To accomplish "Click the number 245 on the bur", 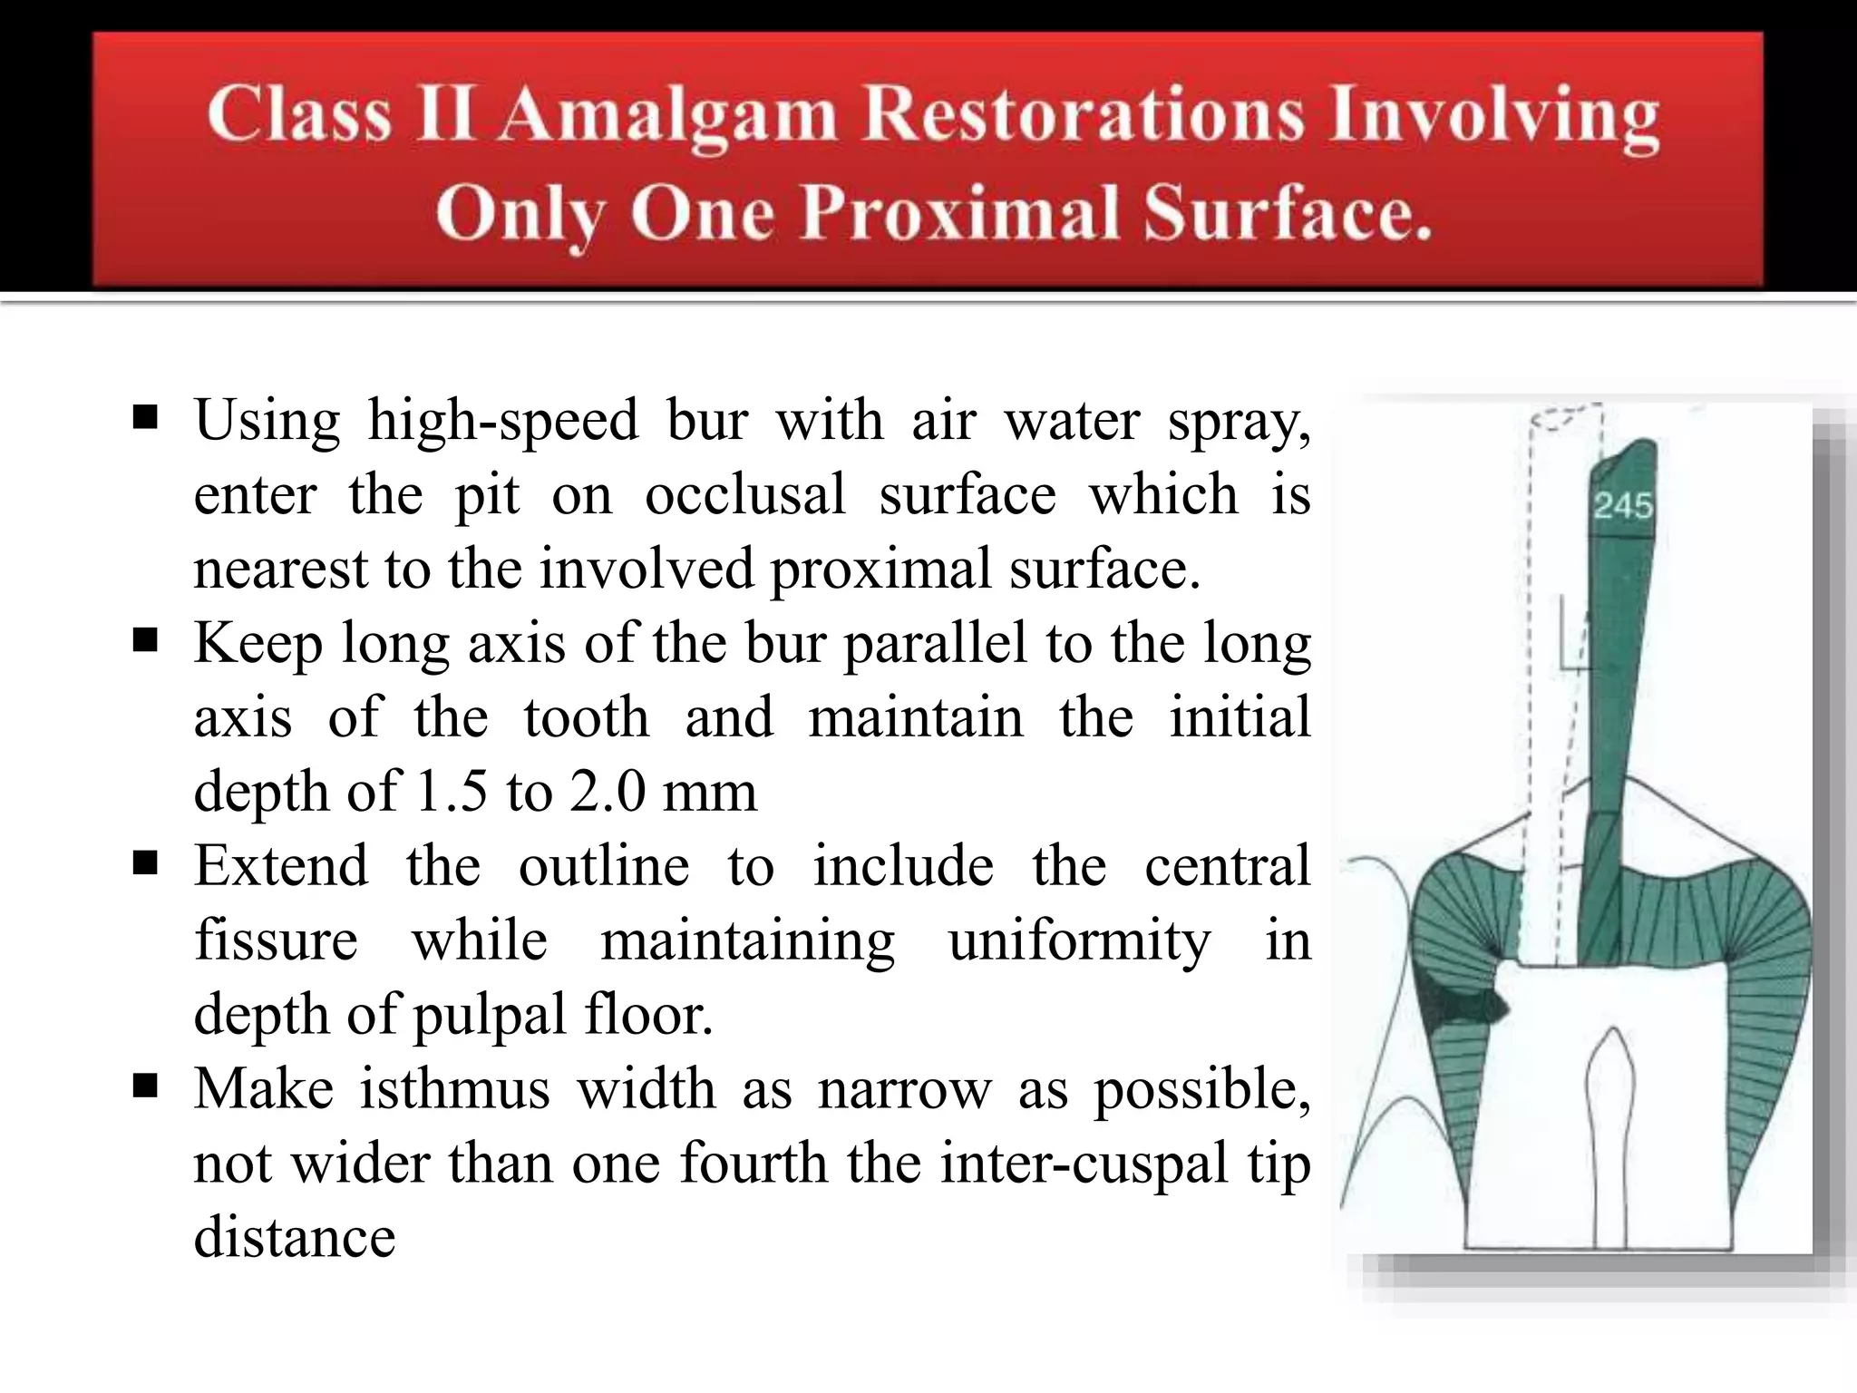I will (1623, 506).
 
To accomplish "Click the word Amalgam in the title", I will (669, 117).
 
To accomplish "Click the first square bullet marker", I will (145, 419).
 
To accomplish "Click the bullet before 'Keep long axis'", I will (145, 642).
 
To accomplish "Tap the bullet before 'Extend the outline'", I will (145, 864).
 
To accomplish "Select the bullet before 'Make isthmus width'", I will (145, 1086).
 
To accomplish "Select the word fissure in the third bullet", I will (277, 940).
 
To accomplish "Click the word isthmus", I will (454, 1088).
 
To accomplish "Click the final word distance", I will (295, 1237).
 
